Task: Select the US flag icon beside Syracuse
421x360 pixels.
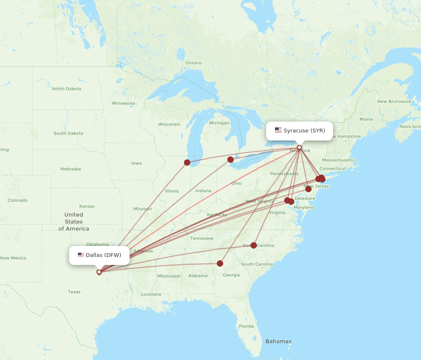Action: [x=278, y=130]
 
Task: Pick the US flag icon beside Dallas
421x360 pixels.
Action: [x=81, y=255]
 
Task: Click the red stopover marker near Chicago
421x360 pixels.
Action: [x=187, y=162]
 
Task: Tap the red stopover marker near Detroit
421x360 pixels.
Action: [x=230, y=159]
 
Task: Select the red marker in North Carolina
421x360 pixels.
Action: [x=253, y=245]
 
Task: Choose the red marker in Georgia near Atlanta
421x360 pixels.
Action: [x=220, y=263]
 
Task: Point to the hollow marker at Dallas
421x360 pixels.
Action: [x=99, y=272]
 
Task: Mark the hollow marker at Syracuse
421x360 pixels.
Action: [x=299, y=148]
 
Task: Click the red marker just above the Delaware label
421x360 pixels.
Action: [x=308, y=189]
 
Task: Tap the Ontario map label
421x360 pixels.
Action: [x=194, y=63]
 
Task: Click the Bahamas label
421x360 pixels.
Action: [x=278, y=341]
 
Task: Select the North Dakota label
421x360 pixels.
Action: [x=67, y=89]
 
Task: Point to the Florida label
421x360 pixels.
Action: [x=246, y=326]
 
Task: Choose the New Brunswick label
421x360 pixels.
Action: [x=394, y=101]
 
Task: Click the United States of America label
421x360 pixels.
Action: [x=74, y=222]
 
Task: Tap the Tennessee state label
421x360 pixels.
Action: [x=202, y=238]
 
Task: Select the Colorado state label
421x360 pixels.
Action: [x=18, y=200]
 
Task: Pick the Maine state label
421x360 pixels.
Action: [x=366, y=119]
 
